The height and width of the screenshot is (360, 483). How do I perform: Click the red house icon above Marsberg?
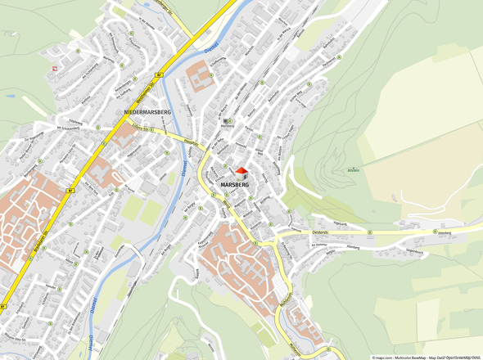[241, 172]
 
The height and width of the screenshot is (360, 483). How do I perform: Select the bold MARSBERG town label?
[235, 186]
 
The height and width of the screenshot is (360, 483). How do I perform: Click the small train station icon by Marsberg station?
[227, 121]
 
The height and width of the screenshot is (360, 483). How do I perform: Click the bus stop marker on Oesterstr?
[369, 232]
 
